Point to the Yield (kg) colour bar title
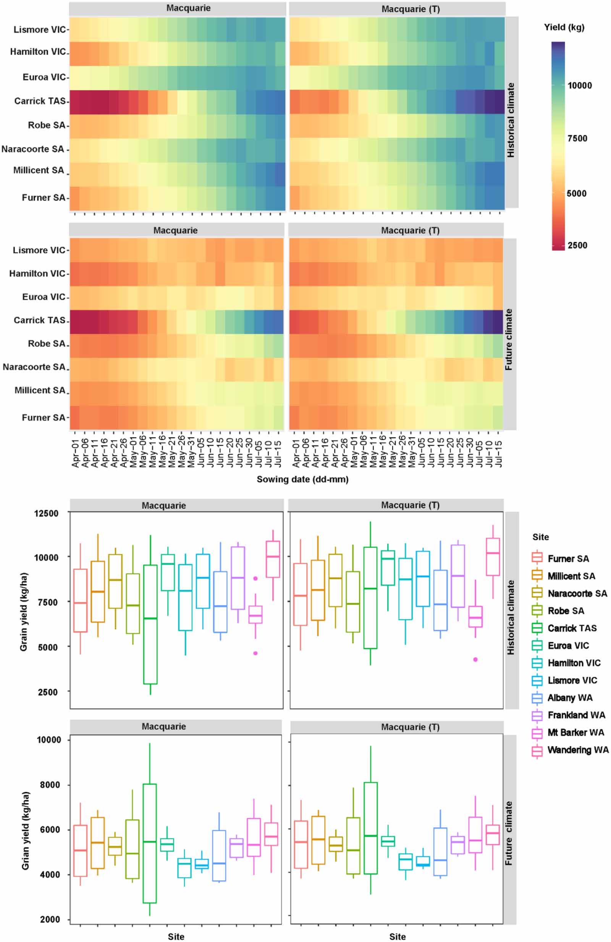pos(564,27)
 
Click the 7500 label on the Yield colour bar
pos(577,138)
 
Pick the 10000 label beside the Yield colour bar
pos(579,86)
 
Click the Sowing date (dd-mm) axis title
pos(302,479)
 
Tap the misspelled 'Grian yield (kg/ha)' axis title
pos(25,830)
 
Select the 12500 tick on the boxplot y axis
pos(46,513)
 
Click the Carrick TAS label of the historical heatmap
pos(40,101)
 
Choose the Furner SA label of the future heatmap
pos(43,417)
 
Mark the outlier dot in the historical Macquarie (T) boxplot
pos(475,659)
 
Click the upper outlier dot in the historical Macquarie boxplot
pos(255,578)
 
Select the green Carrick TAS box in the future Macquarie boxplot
pos(150,843)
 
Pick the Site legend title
pos(540,537)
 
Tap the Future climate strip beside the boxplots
pos(509,833)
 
